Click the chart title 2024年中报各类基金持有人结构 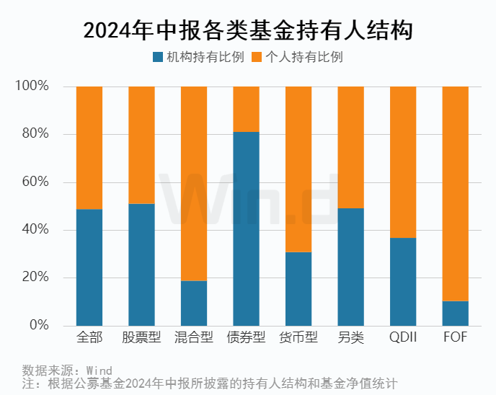point(247,30)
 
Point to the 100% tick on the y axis point(32,86)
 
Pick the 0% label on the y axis point(38,326)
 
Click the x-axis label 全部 point(89,338)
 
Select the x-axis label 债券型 point(246,338)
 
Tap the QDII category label point(403,338)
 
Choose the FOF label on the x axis point(455,338)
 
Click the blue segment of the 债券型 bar point(246,228)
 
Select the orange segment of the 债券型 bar point(246,109)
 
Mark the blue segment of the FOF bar point(455,314)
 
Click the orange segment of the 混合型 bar point(194,183)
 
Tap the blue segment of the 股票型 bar point(141,265)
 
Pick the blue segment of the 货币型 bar point(298,288)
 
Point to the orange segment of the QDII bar point(403,161)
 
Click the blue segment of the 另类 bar point(350,267)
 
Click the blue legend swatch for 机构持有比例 point(158,57)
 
